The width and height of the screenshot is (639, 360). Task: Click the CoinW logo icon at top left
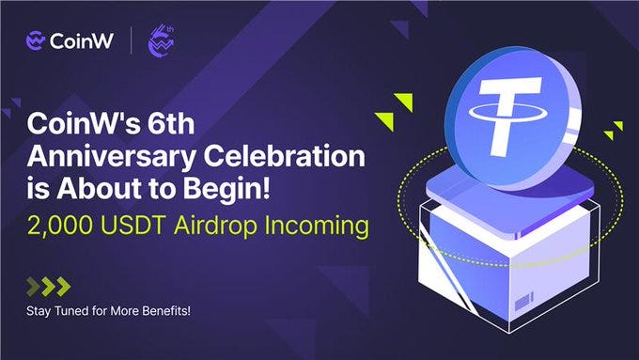pyautogui.click(x=37, y=40)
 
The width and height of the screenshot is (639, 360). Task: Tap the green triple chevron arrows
pyautogui.click(x=48, y=287)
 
